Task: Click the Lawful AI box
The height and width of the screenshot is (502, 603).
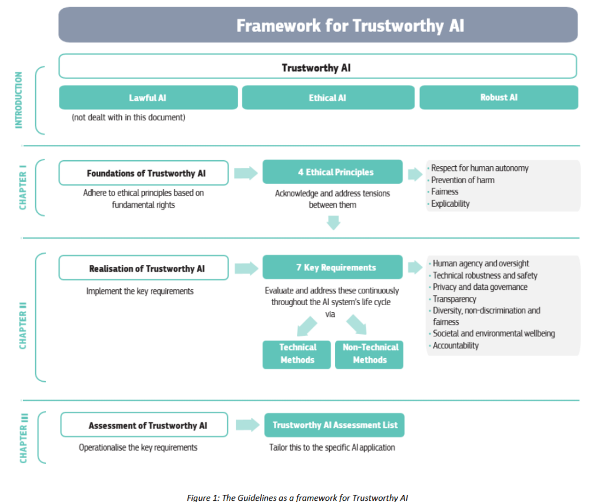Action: point(148,98)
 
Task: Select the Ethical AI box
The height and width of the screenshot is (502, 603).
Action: point(328,98)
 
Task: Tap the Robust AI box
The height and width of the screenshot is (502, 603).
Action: point(499,98)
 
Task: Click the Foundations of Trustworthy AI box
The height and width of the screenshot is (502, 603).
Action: point(144,173)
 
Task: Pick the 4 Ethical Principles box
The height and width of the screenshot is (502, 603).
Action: point(333,171)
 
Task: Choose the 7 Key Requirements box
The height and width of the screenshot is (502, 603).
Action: point(333,267)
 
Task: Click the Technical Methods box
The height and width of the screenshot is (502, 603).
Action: point(297,355)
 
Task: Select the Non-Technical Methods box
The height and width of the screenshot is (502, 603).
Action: point(369,355)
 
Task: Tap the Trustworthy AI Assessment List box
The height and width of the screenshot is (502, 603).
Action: point(334,425)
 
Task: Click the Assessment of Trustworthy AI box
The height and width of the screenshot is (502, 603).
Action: point(144,425)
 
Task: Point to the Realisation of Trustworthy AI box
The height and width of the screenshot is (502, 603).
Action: point(144,267)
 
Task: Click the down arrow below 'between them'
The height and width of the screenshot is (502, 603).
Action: point(333,223)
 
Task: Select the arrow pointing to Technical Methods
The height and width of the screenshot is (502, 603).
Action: point(307,326)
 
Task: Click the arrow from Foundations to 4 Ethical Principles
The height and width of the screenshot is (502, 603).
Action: point(246,173)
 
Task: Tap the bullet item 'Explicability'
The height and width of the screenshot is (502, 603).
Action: point(449,203)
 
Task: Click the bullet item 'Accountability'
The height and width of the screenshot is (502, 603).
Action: point(454,345)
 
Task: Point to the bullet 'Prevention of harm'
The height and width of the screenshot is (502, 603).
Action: point(461,180)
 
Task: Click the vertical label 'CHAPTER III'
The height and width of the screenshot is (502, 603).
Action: point(24,438)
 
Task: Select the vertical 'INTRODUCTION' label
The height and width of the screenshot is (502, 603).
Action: point(18,100)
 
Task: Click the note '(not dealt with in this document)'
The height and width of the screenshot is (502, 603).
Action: point(128,117)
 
